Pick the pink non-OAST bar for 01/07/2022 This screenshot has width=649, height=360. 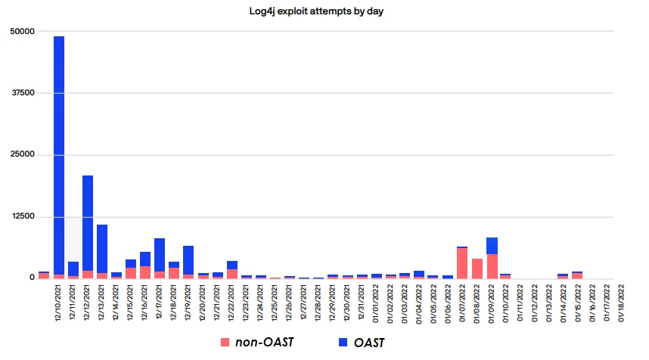[x=462, y=263]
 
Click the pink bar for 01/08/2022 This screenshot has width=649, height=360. [x=477, y=268]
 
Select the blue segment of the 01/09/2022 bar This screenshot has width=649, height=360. [x=492, y=246]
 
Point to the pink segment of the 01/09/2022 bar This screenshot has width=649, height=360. [x=492, y=266]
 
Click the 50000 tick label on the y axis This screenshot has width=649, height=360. [x=22, y=31]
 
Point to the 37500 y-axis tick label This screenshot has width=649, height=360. [x=22, y=93]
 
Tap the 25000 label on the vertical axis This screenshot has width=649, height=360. [x=22, y=155]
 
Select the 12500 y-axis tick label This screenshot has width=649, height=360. [x=22, y=217]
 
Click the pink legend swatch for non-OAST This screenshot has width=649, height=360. [x=224, y=343]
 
